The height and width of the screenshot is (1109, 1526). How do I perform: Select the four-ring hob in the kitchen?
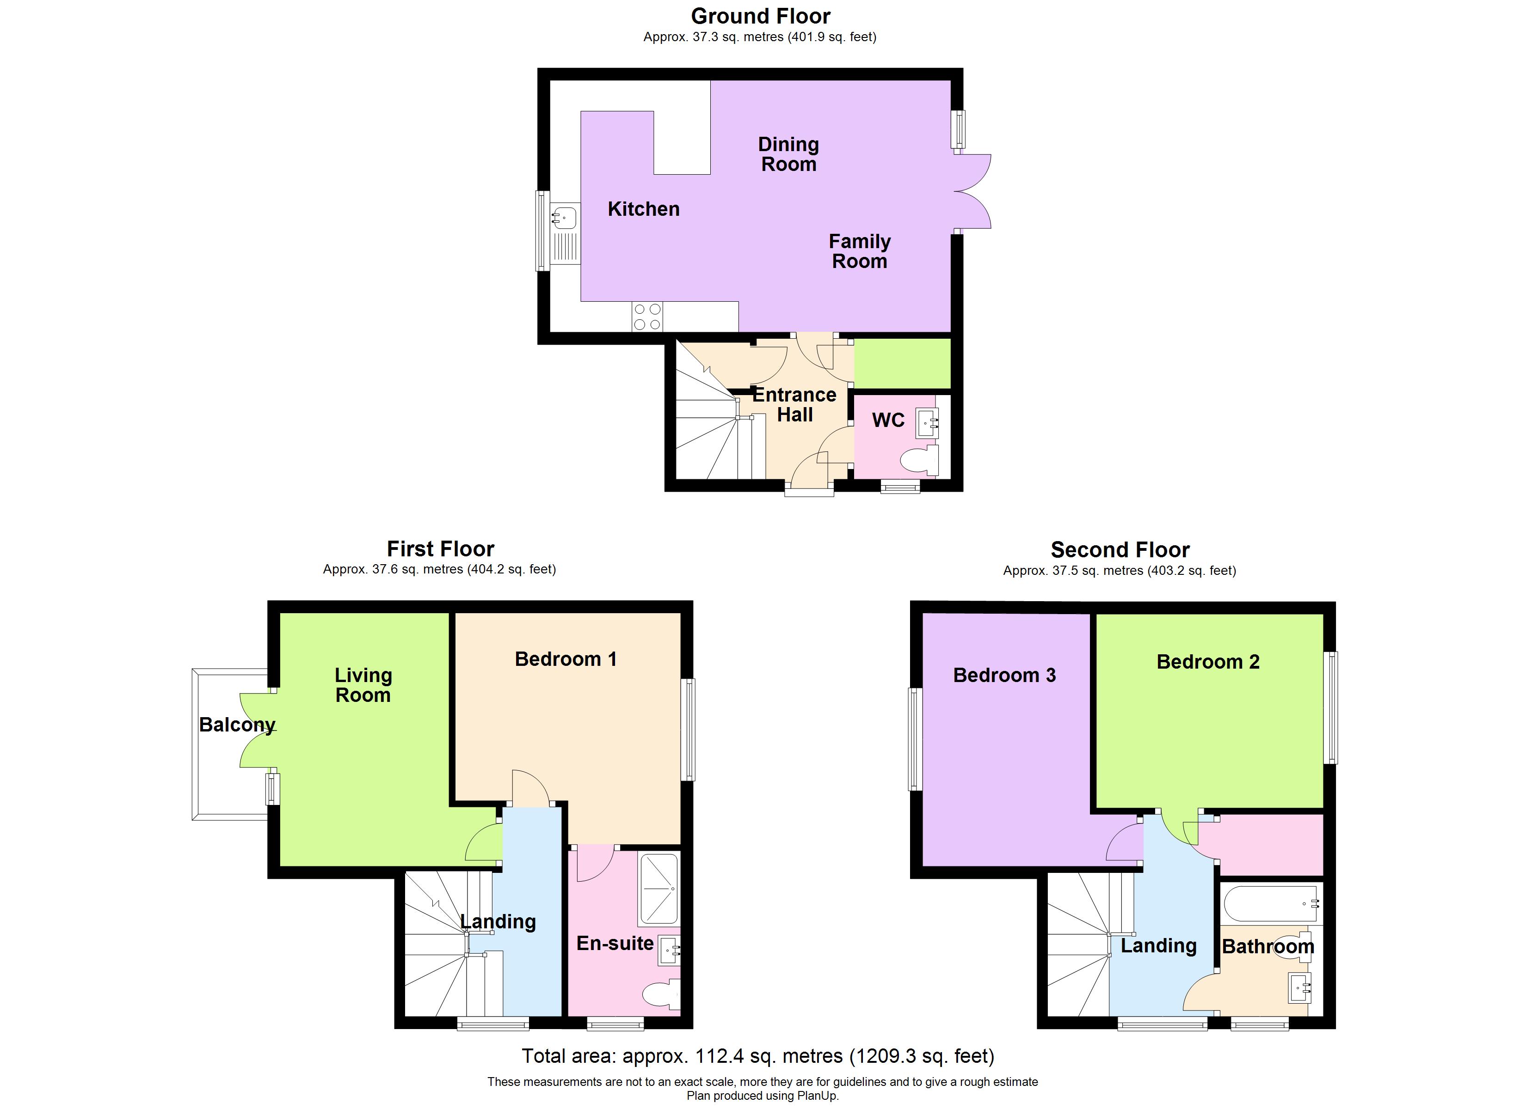click(x=646, y=317)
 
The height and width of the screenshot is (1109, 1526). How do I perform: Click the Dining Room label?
click(x=788, y=154)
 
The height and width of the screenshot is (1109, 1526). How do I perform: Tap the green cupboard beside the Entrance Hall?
click(x=902, y=364)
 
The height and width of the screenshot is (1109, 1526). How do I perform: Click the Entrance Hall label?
click(x=794, y=404)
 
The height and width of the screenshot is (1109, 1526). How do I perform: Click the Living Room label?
click(x=363, y=685)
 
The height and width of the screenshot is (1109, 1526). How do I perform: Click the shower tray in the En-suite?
click(x=658, y=889)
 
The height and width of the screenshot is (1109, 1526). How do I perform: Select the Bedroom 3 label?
click(x=1004, y=675)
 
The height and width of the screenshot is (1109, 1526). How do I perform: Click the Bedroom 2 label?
click(x=1208, y=662)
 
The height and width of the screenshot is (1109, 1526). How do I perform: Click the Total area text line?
click(x=757, y=1056)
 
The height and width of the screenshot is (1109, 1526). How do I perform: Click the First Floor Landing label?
click(x=498, y=921)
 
